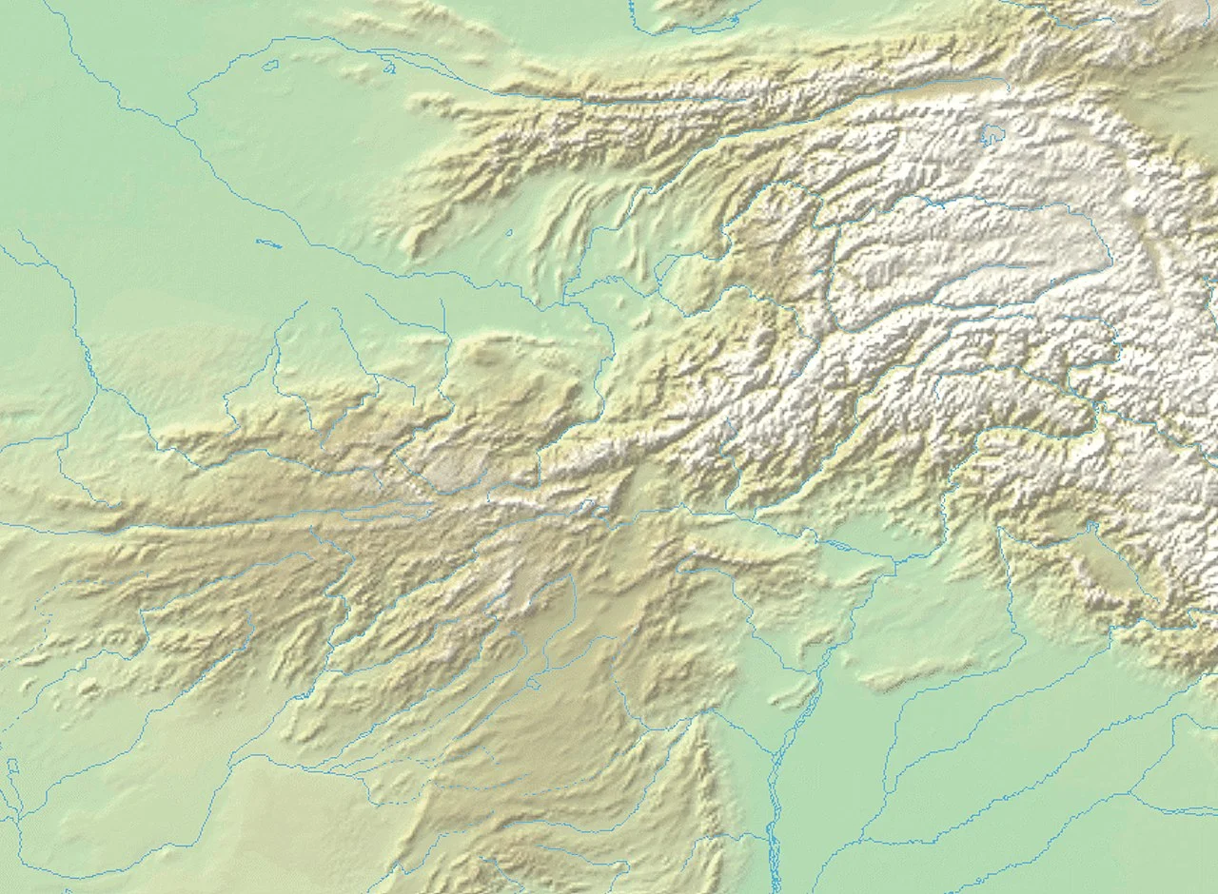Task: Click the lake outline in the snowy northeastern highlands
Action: click(992, 135)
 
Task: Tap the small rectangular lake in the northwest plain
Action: click(270, 66)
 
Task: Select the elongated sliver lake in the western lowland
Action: click(268, 243)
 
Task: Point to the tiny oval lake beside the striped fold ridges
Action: click(510, 232)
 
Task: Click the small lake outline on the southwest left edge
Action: click(12, 766)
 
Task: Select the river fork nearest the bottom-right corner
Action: click(1132, 795)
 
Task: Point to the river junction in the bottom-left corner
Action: click(19, 818)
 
